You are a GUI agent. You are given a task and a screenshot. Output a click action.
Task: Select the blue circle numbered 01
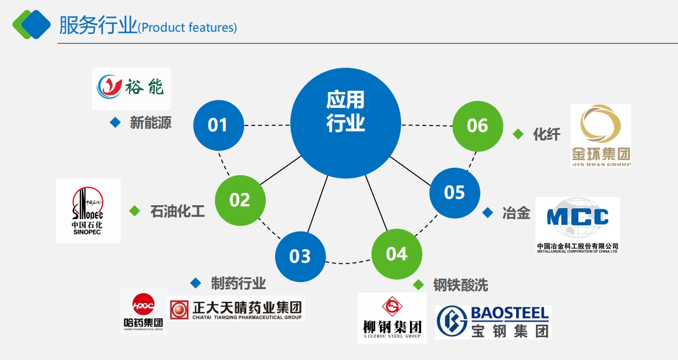click(x=218, y=125)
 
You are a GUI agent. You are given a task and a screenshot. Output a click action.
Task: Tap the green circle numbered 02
click(x=240, y=200)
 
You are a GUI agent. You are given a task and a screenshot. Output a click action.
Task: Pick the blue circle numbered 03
click(x=300, y=256)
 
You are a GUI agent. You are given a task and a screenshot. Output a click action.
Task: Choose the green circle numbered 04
click(x=396, y=254)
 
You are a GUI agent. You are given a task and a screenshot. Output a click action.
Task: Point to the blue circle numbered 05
click(x=455, y=192)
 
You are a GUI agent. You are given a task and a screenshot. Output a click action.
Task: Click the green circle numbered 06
click(x=477, y=125)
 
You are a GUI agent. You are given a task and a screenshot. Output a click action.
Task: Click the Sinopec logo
click(x=88, y=210)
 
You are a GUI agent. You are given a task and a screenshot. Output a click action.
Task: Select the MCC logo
click(x=578, y=225)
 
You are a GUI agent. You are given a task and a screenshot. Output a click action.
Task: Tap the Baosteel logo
click(x=493, y=322)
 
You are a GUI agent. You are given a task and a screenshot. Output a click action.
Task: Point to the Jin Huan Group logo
click(x=601, y=135)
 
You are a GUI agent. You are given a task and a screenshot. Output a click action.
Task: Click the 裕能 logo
click(x=131, y=88)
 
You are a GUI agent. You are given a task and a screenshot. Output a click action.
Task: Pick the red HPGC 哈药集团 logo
click(x=143, y=311)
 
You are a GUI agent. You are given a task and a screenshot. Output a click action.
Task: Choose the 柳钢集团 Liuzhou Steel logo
click(x=392, y=318)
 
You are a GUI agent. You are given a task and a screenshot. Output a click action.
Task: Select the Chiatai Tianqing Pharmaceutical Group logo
click(x=236, y=309)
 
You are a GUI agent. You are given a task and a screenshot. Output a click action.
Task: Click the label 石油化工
click(x=178, y=211)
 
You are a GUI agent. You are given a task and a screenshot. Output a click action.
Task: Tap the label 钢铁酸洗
click(x=460, y=286)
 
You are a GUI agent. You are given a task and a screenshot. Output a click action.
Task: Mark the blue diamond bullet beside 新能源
click(x=115, y=123)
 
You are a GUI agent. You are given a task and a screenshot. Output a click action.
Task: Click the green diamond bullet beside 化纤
click(x=518, y=134)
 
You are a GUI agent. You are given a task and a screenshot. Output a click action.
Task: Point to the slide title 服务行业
click(x=98, y=26)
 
